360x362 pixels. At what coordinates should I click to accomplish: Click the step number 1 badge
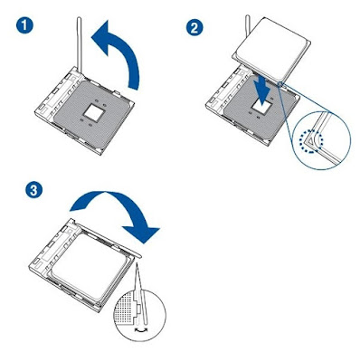tap(25, 26)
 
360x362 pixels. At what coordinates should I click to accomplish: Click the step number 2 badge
tap(194, 27)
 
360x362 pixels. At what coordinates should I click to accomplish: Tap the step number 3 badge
tap(34, 191)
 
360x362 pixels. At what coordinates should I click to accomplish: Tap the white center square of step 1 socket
tap(94, 114)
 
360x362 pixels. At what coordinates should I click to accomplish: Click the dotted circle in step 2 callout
tap(311, 141)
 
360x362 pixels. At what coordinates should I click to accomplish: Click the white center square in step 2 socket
tap(262, 106)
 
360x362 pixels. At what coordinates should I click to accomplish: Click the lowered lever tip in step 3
tap(138, 255)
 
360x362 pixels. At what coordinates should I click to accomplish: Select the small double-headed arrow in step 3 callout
tap(141, 329)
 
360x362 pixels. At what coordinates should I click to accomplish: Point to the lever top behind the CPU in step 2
tap(248, 22)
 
